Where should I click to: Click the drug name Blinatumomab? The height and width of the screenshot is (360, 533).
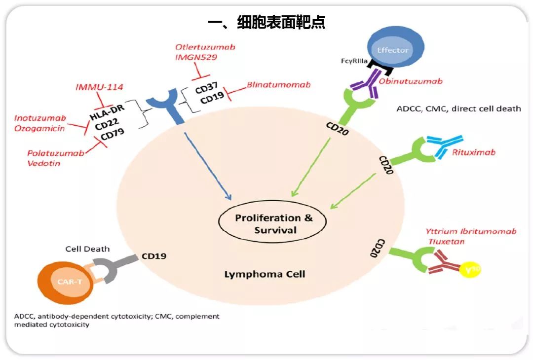pyautogui.click(x=279, y=85)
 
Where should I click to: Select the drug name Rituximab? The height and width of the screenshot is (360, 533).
pyautogui.click(x=473, y=152)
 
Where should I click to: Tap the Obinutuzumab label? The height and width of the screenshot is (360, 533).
pyautogui.click(x=410, y=81)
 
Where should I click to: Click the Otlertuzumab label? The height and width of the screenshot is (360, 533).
pyautogui.click(x=205, y=47)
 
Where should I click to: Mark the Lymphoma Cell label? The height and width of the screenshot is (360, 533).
pyautogui.click(x=265, y=274)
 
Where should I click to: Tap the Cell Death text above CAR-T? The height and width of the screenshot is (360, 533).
pyautogui.click(x=87, y=249)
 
